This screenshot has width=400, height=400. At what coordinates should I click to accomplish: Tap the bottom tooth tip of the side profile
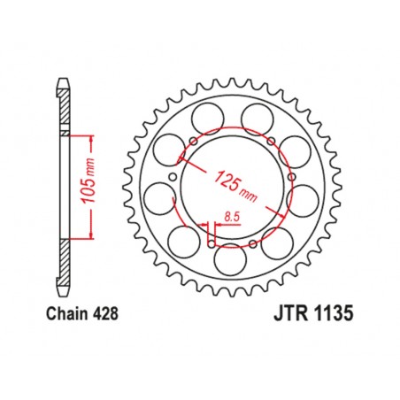[64, 292]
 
